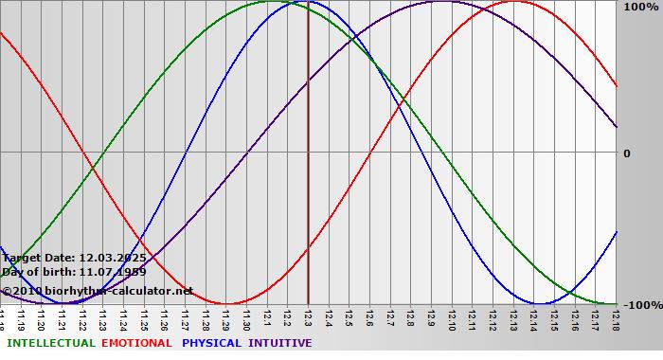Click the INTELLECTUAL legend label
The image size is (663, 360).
pos(51,343)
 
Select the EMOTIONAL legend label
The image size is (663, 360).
pos(136,343)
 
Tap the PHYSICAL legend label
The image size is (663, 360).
pos(213,343)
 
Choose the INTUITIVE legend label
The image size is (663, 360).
pos(280,343)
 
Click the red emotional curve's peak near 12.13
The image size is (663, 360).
pos(513,2)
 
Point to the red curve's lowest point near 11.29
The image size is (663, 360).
pos(226,303)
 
